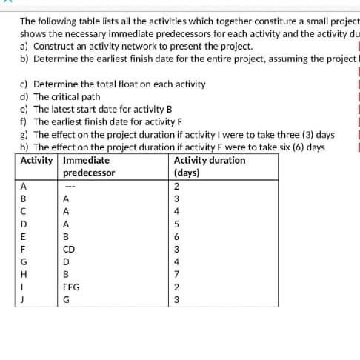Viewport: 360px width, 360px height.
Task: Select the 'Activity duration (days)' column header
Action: [x=209, y=167]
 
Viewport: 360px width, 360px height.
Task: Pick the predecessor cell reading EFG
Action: [x=73, y=286]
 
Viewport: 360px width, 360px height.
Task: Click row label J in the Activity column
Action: [x=25, y=299]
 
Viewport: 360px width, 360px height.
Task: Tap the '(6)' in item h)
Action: [x=295, y=147]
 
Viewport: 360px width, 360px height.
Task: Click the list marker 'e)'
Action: [x=24, y=110]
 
